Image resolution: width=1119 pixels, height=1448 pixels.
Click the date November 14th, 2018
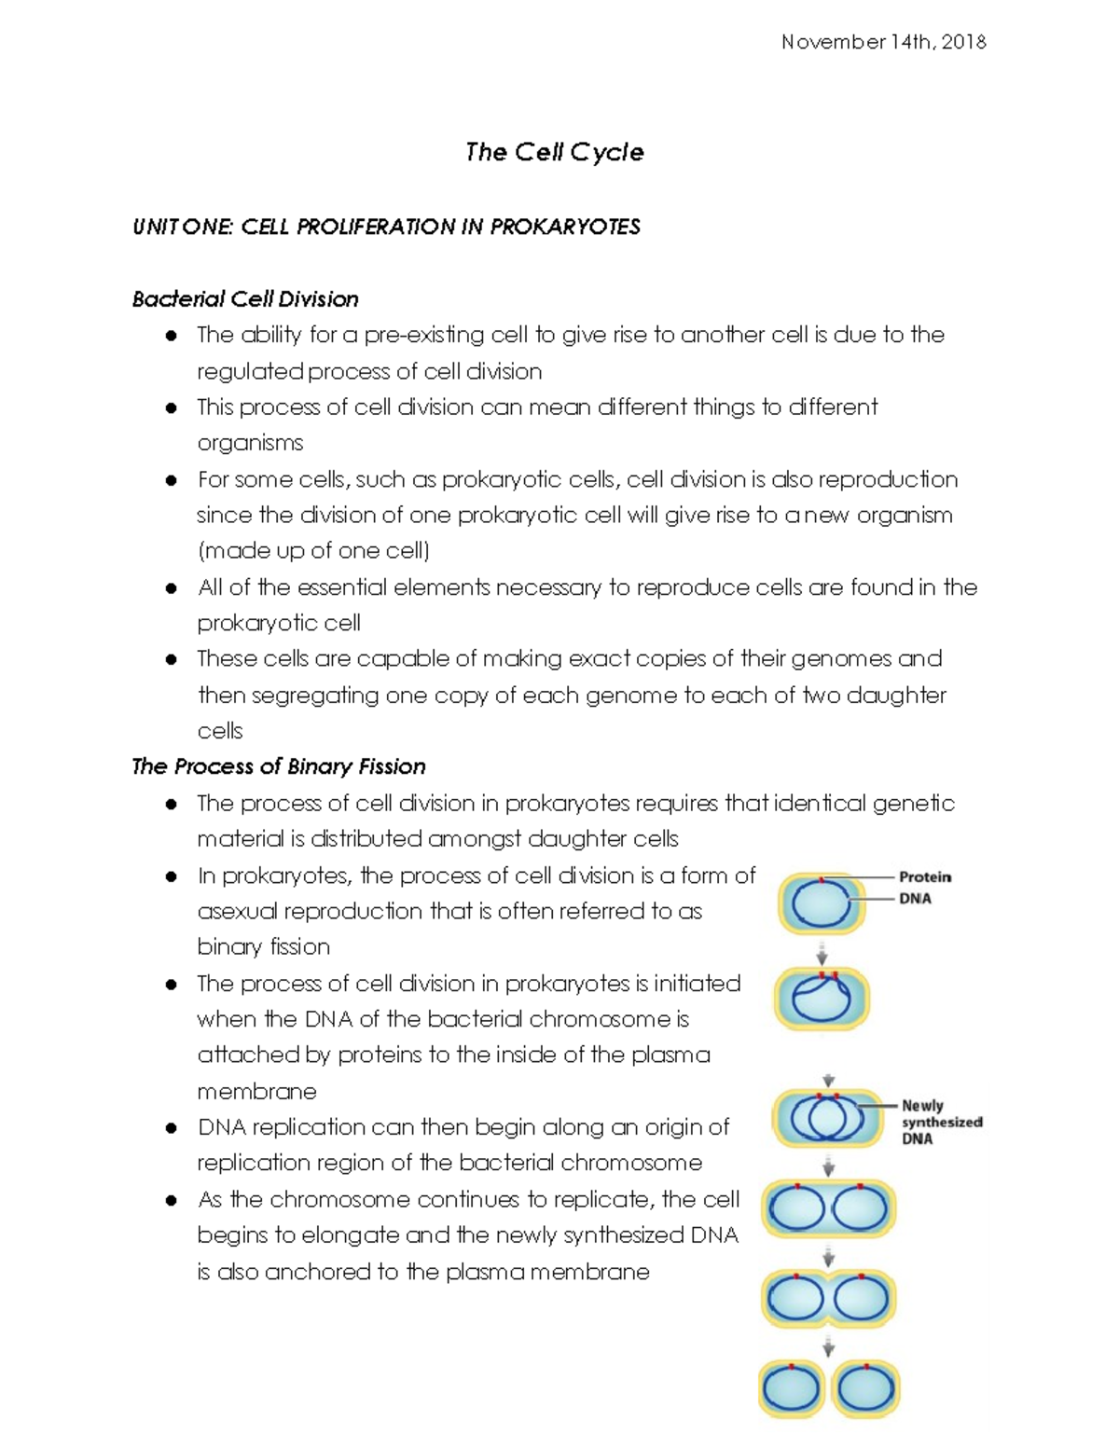[883, 42]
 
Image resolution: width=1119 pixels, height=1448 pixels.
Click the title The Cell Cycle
[554, 152]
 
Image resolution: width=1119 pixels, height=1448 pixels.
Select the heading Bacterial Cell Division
[245, 299]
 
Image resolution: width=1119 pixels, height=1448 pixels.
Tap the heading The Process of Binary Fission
[279, 766]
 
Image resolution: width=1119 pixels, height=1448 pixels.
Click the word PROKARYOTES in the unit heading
[565, 228]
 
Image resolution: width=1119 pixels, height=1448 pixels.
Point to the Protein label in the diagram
[924, 876]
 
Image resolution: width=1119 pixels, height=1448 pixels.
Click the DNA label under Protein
[915, 899]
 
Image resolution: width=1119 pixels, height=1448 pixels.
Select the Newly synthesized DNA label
[941, 1122]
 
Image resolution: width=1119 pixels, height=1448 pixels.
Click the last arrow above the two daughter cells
[827, 1347]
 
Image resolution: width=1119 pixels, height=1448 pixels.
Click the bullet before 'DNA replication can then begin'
[171, 1128]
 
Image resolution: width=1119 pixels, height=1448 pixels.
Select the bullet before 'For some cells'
[171, 480]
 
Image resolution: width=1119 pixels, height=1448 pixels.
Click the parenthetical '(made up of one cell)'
[313, 551]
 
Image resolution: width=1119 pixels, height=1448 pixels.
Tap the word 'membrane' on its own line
[256, 1091]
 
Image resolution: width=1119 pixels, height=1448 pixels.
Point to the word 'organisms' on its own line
[250, 443]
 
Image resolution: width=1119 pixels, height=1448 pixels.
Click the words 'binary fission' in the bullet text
[263, 947]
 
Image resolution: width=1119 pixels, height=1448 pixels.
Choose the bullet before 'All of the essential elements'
[171, 588]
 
